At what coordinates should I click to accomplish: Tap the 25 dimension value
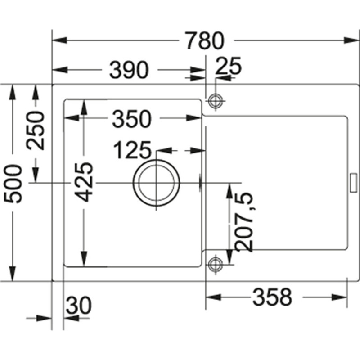click(228, 66)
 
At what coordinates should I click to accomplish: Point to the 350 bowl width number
click(131, 119)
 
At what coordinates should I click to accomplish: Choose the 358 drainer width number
click(272, 297)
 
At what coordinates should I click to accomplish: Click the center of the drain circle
click(156, 183)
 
